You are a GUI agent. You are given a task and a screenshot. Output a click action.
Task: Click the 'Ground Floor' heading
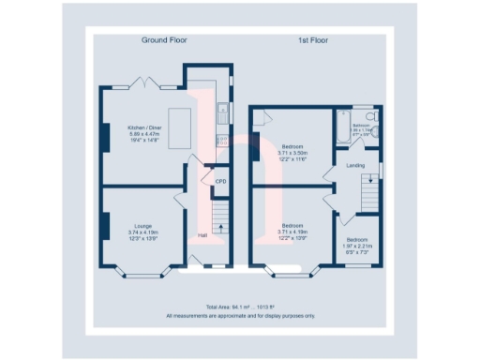coord(165,40)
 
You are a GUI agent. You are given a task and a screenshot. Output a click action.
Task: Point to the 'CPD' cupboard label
coord(221,180)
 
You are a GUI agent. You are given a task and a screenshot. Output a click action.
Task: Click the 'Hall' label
coord(202,235)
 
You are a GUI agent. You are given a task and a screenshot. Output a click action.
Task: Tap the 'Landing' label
coord(356,166)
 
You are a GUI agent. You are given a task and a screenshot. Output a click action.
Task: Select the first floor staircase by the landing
coord(373,196)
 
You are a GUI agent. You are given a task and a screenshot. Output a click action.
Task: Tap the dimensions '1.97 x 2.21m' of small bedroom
coord(361,247)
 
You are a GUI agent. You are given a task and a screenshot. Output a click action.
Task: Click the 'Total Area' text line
coord(240,307)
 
